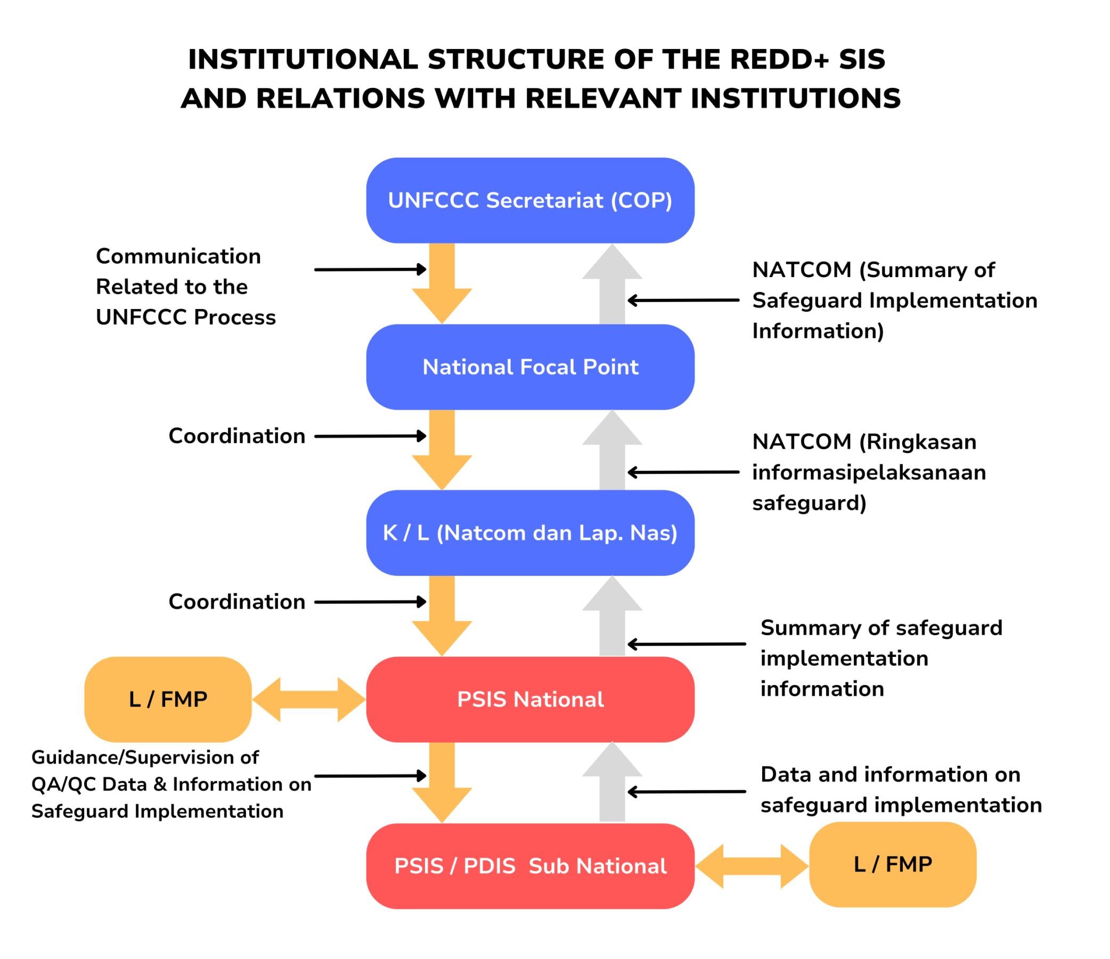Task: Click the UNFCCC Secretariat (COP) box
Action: [530, 200]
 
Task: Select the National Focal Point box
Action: [530, 367]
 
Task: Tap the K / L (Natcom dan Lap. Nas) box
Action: [530, 533]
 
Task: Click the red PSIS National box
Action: [530, 699]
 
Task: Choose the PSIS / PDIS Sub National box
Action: [530, 866]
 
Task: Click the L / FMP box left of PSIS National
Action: [168, 699]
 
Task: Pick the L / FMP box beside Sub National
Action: [893, 864]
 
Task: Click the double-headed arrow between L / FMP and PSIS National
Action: [309, 699]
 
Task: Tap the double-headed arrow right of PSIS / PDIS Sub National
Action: [752, 866]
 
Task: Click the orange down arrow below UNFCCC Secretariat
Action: [442, 283]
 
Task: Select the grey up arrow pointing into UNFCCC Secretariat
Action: [613, 284]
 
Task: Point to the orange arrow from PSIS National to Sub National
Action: [442, 782]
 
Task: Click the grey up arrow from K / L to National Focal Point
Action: [613, 450]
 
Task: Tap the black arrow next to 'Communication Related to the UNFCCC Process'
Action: [371, 270]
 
